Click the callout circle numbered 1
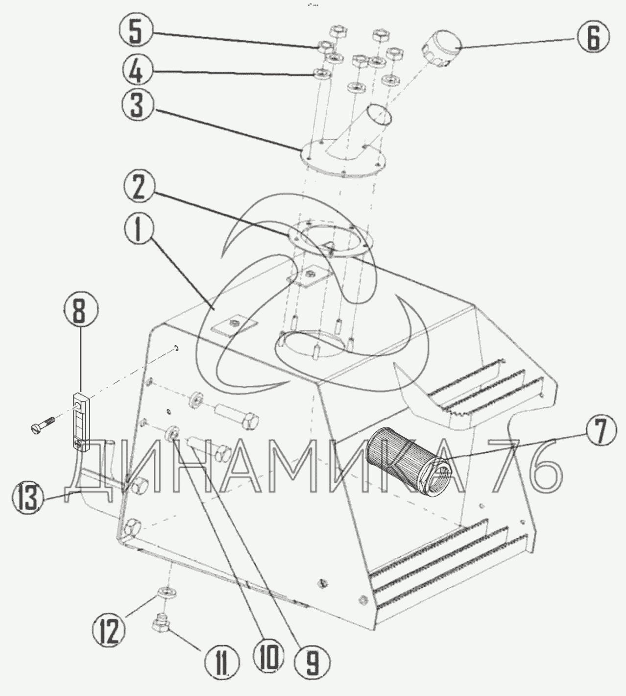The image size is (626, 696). (x=138, y=231)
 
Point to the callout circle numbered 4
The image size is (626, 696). (x=138, y=72)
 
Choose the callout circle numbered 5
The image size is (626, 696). (x=138, y=32)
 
